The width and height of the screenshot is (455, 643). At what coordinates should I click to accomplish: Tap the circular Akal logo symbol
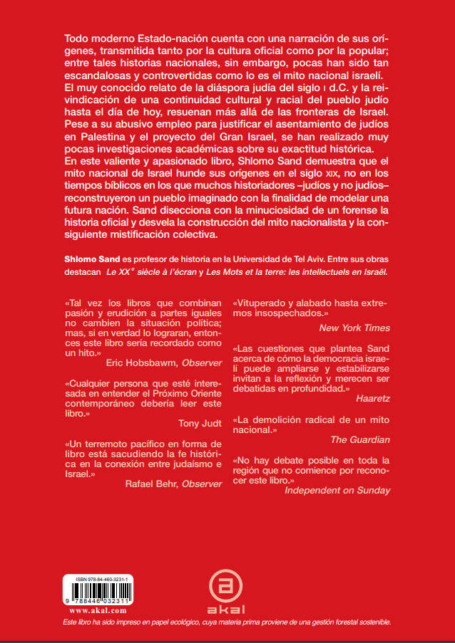coord(227,587)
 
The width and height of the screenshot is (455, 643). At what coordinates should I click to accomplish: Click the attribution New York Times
coord(354,327)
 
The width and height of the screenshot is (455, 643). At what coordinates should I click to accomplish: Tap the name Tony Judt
coord(200,422)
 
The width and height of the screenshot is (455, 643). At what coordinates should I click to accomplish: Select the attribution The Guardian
coord(360,439)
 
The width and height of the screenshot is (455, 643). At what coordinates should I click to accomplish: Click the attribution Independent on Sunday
coord(337,490)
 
